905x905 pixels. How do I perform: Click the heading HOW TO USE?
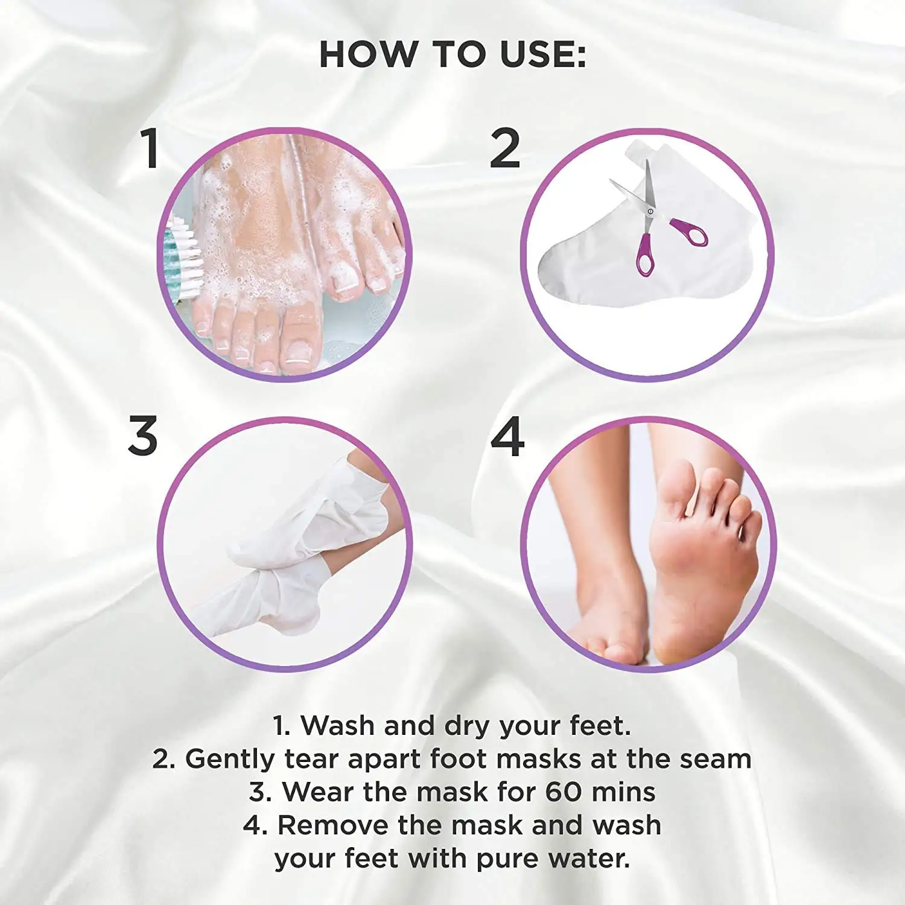tap(453, 54)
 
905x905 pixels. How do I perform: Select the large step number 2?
tap(504, 148)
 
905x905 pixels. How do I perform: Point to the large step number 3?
tap(143, 436)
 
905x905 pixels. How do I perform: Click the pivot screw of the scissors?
tap(650, 212)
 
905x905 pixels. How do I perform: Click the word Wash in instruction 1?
tap(338, 725)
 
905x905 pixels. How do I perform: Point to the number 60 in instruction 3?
tap(564, 792)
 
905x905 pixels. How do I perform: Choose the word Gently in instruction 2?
tap(229, 760)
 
